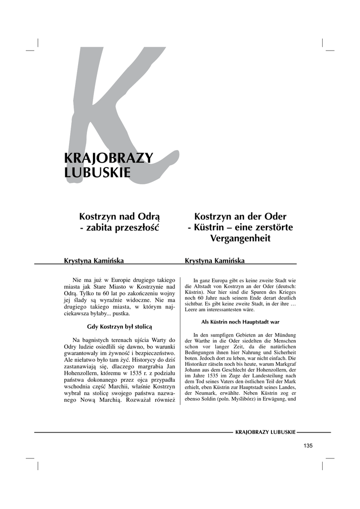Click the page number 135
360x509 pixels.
(x=308, y=445)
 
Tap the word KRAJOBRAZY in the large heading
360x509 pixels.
(x=109, y=158)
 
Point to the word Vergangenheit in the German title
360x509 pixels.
(x=240, y=239)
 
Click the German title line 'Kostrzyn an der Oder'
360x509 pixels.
(x=240, y=217)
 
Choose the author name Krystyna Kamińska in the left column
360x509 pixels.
(x=94, y=260)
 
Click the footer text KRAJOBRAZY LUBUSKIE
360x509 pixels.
(x=265, y=432)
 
